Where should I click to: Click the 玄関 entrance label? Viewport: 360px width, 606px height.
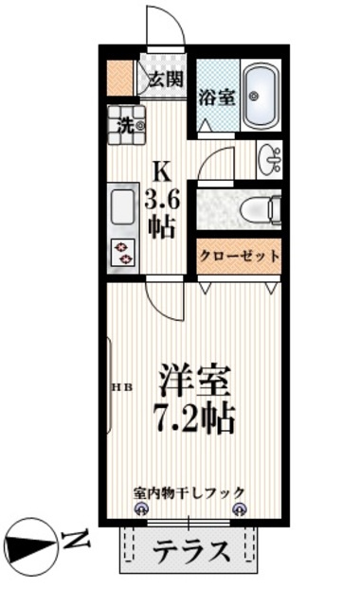[167, 80]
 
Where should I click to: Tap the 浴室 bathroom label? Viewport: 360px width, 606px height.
[217, 98]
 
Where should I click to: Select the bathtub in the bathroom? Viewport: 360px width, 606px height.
[261, 96]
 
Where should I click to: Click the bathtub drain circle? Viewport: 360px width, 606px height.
[254, 95]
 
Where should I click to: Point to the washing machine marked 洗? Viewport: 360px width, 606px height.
[126, 125]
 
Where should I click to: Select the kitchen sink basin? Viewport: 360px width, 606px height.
[122, 206]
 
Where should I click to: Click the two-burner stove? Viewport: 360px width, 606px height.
[123, 253]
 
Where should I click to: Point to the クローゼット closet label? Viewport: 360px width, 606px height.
[240, 256]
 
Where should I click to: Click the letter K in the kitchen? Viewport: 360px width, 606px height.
[162, 172]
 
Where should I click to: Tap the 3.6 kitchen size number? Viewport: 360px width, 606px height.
[162, 201]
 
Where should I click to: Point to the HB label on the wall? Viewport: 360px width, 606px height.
[122, 387]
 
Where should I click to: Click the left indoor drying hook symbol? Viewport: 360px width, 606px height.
[139, 509]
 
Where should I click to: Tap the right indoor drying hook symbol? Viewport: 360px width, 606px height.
[239, 509]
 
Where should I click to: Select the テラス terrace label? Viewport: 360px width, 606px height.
[191, 551]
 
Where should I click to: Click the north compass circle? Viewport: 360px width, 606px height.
[32, 547]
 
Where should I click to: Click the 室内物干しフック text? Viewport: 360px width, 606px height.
[189, 492]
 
